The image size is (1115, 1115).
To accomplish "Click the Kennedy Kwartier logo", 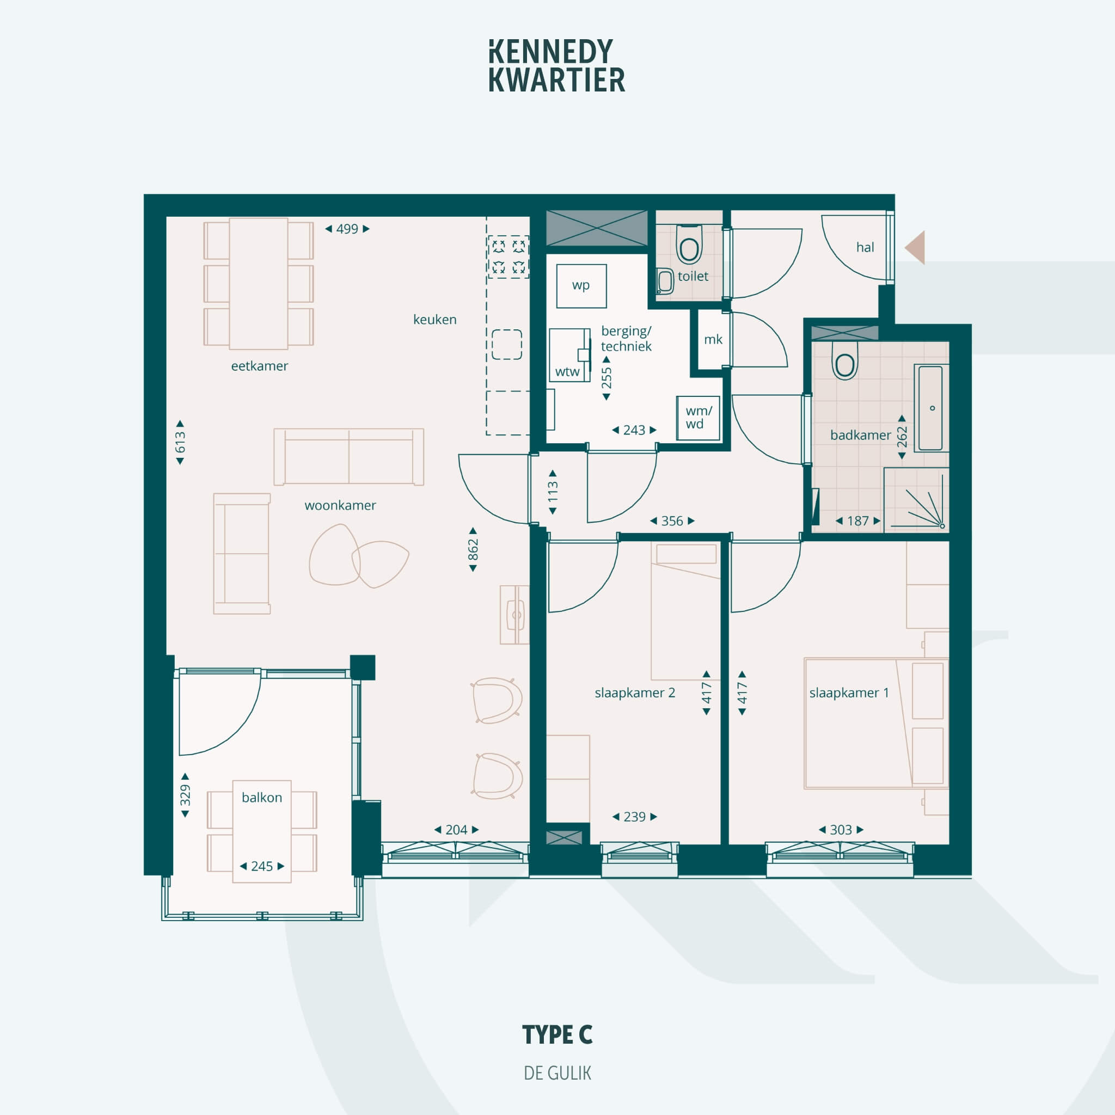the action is pos(557,66).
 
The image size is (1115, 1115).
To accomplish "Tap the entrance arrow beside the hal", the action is pos(915,247).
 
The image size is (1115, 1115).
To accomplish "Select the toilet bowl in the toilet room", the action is pos(689,244).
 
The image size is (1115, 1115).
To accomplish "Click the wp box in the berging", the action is pos(581,286).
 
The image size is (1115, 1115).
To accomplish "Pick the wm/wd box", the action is pos(699,418).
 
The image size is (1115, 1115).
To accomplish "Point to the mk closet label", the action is pos(713,339).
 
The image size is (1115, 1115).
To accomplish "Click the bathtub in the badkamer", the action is pos(931,408).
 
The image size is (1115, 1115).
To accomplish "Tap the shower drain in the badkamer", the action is pos(942,526).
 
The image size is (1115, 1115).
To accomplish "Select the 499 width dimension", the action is pos(347,229).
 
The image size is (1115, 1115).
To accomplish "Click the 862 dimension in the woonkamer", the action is pos(473,549).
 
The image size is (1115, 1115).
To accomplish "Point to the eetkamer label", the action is pos(260,366).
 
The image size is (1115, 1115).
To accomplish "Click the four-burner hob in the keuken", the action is pos(509,257).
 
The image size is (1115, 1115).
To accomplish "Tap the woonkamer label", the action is pos(340,506).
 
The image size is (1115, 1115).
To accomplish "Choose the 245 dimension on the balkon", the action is pos(262,866).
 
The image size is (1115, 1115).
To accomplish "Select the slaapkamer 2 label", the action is pos(635,693).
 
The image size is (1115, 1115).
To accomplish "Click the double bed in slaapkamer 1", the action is pos(876,724).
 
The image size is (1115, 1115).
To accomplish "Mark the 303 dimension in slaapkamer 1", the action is pos(841,830).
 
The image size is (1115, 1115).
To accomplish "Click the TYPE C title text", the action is pos(557,1035).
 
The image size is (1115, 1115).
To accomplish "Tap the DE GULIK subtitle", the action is pos(557,1073).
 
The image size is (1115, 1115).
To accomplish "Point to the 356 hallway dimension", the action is pos(672,521).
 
